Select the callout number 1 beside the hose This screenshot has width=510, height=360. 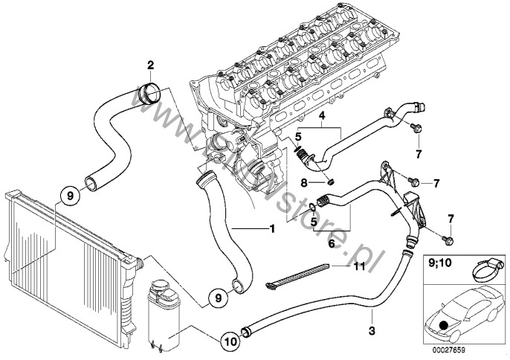tap(272, 229)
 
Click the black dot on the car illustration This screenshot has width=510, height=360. tap(443, 324)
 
